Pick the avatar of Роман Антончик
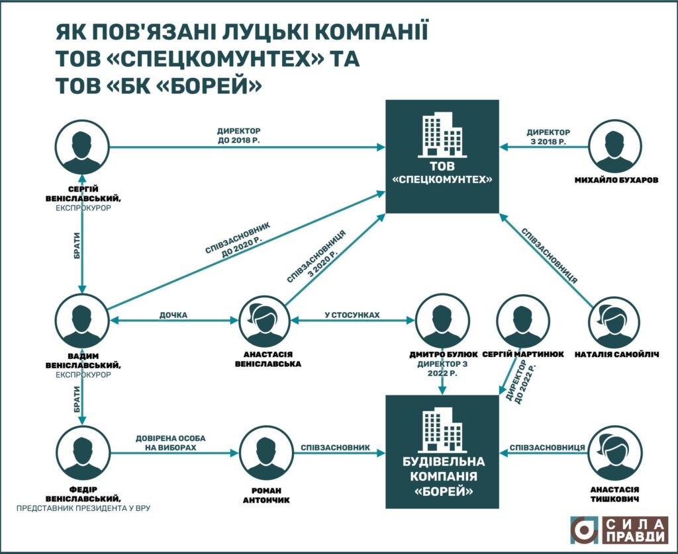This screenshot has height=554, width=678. point(264,453)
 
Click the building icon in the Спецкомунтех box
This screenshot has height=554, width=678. point(442,136)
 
